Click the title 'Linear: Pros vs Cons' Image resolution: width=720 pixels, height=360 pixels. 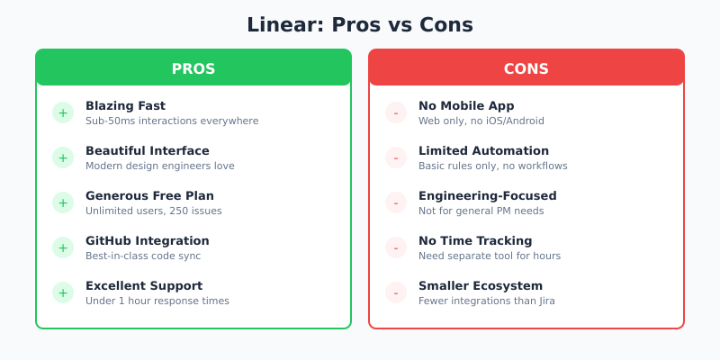tap(360, 25)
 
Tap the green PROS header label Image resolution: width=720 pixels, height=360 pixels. tap(193, 68)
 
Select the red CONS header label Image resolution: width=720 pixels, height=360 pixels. tap(526, 68)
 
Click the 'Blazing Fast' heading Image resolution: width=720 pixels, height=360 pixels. tap(125, 105)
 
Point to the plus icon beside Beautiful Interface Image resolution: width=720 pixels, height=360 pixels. tap(63, 157)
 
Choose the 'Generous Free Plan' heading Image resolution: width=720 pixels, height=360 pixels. tap(149, 195)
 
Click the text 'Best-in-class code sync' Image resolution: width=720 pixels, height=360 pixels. tap(143, 256)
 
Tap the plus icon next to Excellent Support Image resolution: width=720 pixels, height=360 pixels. tap(63, 292)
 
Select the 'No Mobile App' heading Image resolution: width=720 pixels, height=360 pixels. tap(466, 105)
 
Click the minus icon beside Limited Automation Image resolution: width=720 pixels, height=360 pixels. tap(396, 157)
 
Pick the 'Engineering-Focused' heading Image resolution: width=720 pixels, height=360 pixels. tap(487, 195)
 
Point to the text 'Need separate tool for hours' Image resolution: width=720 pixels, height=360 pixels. tap(490, 256)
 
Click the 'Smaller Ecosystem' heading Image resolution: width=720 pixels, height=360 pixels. tap(481, 285)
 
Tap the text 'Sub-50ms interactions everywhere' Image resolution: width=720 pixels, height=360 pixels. tap(172, 121)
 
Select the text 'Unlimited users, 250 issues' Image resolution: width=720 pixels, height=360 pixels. tap(153, 211)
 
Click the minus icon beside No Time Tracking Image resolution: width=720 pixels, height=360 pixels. tap(396, 247)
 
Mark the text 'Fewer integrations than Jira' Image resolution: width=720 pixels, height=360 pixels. tap(487, 301)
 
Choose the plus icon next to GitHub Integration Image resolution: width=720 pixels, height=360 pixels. tap(63, 247)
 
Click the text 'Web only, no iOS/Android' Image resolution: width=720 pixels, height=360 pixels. tap(481, 121)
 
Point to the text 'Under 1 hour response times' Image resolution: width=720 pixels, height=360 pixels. tap(157, 301)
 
